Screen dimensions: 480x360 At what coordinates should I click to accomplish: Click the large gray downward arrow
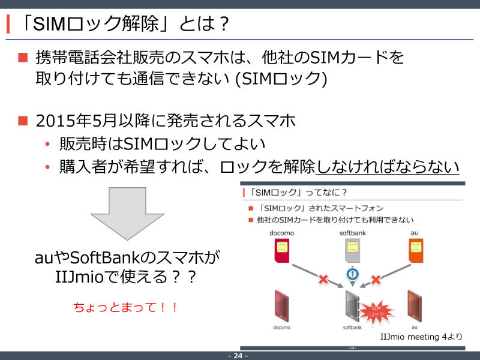[127, 214]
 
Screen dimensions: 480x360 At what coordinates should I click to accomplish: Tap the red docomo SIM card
[281, 250]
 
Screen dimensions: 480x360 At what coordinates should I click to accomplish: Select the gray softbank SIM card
[352, 250]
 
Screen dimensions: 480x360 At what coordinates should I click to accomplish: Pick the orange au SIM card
[416, 250]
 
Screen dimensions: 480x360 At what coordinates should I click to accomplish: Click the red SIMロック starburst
[376, 311]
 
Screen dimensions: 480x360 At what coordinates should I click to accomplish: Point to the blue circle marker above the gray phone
[352, 274]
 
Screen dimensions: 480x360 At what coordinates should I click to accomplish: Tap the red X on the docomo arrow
[323, 279]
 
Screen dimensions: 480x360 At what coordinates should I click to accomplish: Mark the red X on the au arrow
[376, 279]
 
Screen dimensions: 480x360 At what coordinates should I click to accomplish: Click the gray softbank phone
[352, 306]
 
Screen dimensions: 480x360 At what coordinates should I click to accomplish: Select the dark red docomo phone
[281, 306]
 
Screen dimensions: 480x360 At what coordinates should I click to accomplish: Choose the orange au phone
[415, 306]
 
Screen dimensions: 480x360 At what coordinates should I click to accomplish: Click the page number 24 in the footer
[238, 356]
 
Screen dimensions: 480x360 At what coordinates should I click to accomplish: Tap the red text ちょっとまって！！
[125, 307]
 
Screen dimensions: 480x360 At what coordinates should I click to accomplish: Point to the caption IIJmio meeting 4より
[421, 337]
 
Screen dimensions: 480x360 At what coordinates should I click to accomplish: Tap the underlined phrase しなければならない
[387, 167]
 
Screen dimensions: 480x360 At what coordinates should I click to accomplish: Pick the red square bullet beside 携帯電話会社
[23, 57]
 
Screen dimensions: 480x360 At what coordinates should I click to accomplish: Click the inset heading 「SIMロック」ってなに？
[298, 193]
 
